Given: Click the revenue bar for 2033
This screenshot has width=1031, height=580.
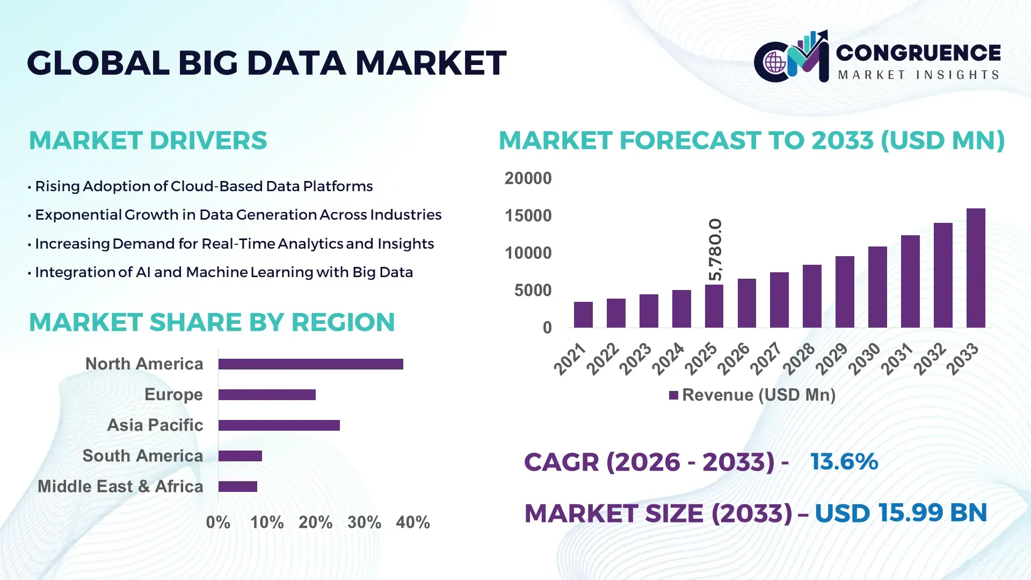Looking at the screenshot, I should point(976,269).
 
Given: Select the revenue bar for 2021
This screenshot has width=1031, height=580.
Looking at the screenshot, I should point(583,315).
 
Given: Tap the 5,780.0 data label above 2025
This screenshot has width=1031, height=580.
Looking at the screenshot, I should point(715,250).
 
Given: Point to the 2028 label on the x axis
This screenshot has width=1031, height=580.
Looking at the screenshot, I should point(799,359).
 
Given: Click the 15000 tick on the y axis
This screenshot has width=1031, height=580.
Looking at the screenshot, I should point(528,216).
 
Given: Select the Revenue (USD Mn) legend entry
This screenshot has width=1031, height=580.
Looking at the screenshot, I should point(752,395).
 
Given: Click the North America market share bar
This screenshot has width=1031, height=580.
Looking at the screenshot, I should point(310,364).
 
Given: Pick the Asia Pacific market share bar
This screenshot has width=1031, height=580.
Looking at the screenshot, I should point(279,425).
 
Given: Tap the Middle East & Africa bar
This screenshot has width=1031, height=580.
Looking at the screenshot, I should point(237,487).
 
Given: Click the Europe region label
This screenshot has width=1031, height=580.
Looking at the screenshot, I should point(173,395).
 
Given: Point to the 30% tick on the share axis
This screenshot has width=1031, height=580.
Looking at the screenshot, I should point(364,523).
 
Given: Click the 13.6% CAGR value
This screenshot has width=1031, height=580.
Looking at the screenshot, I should point(844,462).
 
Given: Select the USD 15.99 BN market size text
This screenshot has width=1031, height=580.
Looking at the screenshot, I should point(901,513).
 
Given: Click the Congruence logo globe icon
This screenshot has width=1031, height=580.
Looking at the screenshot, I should point(775,63).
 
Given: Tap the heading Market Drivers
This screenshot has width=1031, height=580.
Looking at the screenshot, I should point(148,141).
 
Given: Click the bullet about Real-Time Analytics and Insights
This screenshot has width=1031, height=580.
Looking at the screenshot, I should point(234,244).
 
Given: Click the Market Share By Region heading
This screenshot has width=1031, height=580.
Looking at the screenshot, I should point(212,323).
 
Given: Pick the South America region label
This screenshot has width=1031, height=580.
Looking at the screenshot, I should point(142,456).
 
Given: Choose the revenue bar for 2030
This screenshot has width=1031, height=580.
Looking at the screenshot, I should point(877,287).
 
